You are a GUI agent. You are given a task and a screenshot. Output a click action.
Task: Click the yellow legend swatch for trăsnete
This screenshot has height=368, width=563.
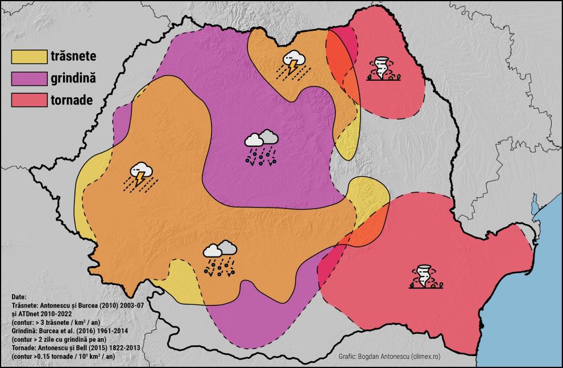[x=28, y=57]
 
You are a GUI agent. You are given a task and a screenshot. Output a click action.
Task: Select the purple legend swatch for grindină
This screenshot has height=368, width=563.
[x=28, y=78]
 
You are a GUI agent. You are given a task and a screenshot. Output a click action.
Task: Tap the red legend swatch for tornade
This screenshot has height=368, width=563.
[x=28, y=100]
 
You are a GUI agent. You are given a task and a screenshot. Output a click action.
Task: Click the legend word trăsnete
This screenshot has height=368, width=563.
[x=73, y=57]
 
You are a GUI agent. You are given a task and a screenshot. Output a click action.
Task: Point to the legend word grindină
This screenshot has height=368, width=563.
[x=73, y=78]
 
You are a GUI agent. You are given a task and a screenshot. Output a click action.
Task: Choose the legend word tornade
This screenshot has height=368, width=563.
[x=72, y=100]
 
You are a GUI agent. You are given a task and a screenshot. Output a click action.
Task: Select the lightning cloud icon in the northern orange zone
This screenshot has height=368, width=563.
[x=292, y=63]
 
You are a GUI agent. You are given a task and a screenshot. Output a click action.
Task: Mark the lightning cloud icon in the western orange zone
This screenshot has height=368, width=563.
[x=139, y=175]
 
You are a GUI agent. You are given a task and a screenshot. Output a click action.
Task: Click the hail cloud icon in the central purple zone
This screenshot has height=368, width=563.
[x=262, y=147]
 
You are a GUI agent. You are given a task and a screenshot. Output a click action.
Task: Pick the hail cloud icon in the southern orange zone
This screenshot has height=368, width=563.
[x=220, y=258]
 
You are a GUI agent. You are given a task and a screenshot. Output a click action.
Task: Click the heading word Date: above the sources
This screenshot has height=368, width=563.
[x=19, y=297]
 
